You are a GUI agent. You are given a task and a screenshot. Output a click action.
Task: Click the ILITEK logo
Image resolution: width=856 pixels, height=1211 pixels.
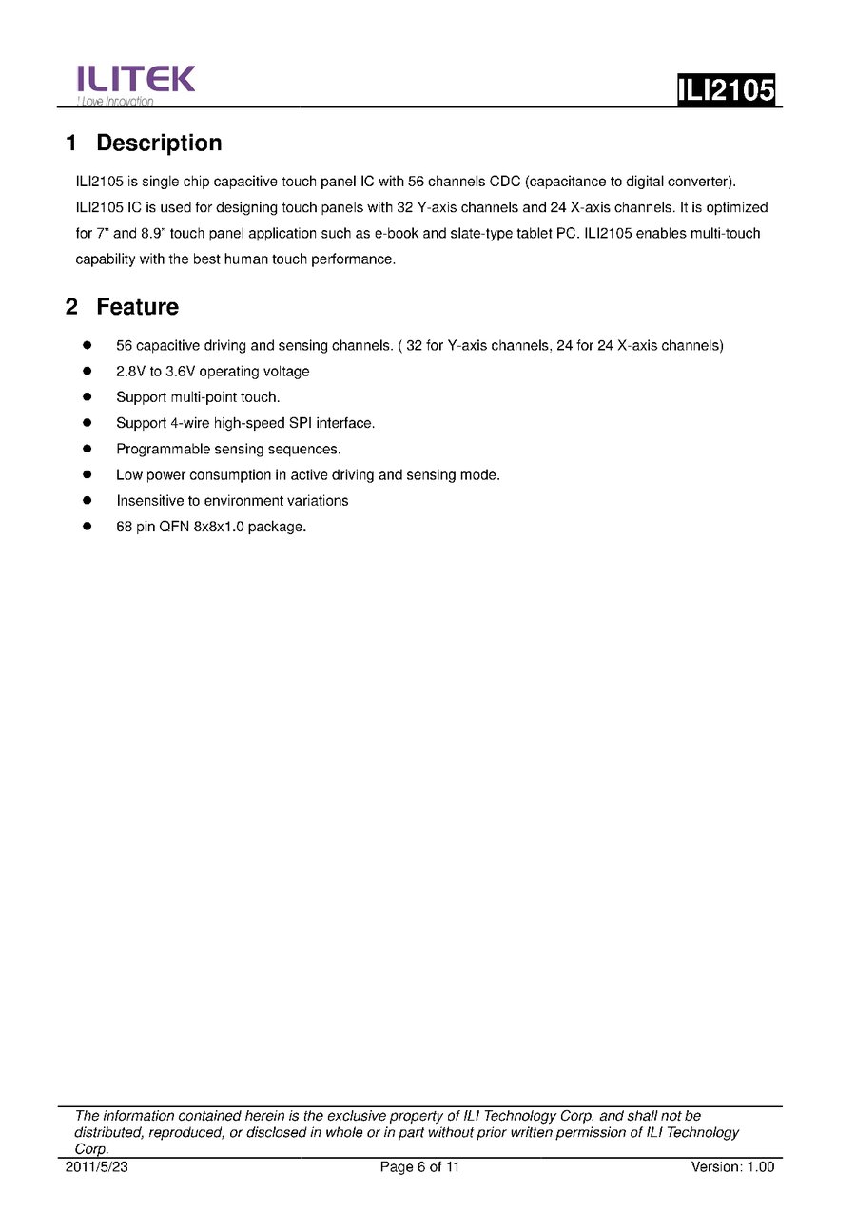coord(136,79)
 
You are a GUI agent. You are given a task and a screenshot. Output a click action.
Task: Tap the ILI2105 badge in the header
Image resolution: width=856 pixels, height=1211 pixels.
coord(726,89)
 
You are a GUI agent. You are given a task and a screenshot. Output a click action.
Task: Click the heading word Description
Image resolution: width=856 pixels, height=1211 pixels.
coord(159,144)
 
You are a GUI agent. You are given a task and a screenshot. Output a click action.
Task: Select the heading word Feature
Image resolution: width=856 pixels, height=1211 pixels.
coord(137,307)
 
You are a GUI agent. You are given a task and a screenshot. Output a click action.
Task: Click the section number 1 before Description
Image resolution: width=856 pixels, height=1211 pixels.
coord(71,144)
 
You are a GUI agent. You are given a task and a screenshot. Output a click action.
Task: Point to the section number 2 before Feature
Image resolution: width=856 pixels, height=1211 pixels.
coord(71,307)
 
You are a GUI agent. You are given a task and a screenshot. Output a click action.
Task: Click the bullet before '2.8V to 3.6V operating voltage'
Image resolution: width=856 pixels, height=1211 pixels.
coord(87,371)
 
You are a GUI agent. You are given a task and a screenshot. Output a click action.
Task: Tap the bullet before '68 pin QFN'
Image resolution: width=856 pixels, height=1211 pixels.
coord(87,526)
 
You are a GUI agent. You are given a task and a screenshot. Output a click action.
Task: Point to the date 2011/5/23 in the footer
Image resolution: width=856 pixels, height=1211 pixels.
coord(95,1167)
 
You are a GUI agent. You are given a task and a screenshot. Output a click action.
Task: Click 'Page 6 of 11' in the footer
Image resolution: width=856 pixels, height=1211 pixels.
coord(419,1167)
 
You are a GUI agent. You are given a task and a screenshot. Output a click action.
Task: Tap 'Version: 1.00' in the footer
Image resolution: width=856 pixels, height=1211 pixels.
coord(732,1167)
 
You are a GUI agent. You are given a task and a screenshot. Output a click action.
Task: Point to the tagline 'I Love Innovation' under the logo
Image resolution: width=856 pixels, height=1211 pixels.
coord(114,102)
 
